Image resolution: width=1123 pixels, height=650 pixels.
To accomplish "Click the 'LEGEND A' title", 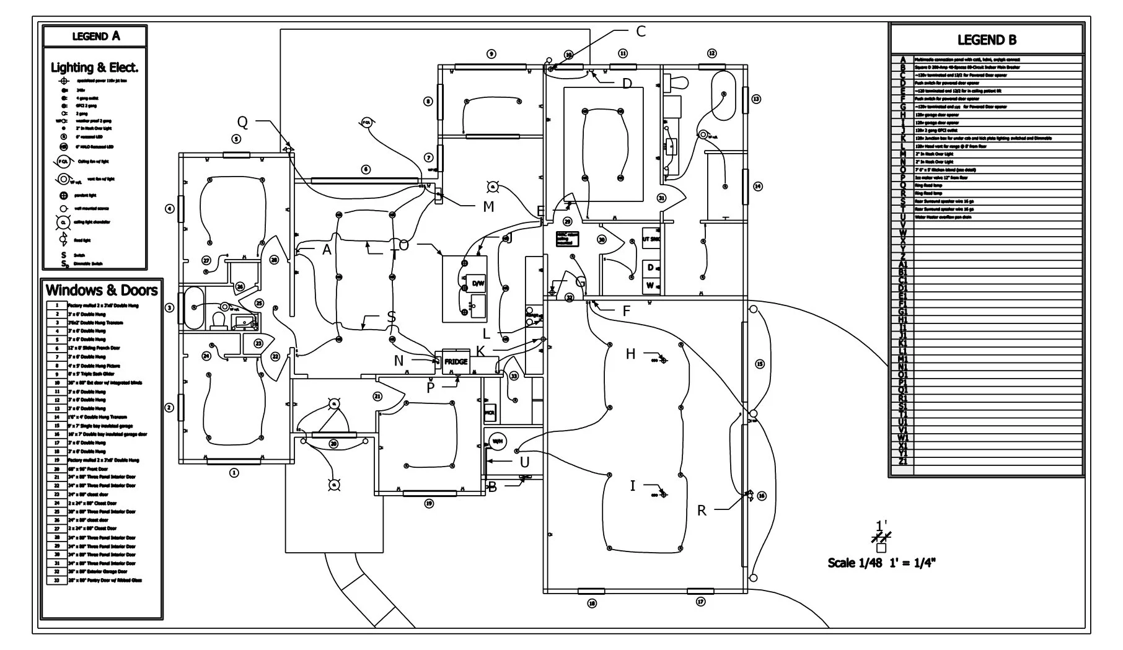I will [x=95, y=36].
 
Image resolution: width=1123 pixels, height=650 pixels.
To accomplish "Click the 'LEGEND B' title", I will [x=987, y=40].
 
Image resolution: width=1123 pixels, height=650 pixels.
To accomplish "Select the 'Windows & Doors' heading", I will [x=102, y=290].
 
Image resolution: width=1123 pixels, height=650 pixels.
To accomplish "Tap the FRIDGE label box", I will [x=456, y=361].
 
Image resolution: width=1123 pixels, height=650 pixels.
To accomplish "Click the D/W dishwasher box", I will [x=478, y=283].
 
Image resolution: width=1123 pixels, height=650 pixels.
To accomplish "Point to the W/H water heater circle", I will [x=497, y=441].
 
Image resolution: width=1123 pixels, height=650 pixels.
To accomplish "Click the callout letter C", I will [x=641, y=31].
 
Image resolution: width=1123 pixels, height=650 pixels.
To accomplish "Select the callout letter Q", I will [x=242, y=122].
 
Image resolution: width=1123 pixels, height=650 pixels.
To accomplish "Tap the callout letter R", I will [x=702, y=511].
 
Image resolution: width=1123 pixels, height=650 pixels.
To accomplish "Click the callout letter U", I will [x=524, y=462].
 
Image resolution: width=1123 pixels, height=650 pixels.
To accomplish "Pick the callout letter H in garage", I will [x=630, y=354].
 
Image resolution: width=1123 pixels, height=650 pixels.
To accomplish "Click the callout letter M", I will [x=488, y=207].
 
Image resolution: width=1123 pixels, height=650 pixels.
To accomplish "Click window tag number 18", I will [x=592, y=603].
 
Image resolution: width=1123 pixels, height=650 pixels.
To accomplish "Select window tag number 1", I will [x=234, y=473].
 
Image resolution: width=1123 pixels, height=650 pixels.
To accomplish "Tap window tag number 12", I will [x=711, y=53].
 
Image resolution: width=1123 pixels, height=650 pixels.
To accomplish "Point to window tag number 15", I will [x=759, y=364].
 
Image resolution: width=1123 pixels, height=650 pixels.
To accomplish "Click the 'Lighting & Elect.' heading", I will [x=95, y=68].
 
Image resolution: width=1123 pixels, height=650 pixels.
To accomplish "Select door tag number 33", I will [x=513, y=376].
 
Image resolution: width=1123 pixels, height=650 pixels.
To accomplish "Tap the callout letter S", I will [x=391, y=317].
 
